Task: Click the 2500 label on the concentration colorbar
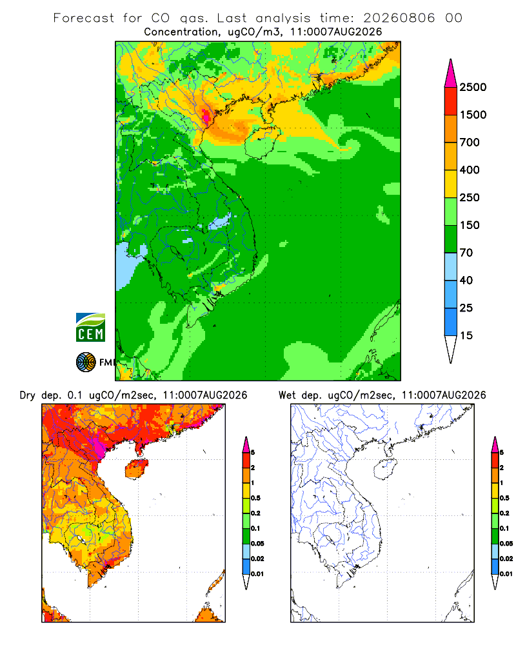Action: pos(473,87)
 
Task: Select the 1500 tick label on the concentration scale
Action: pos(473,115)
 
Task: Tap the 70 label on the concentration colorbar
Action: pos(466,253)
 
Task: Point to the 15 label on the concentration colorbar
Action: pos(466,335)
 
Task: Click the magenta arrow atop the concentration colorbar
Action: pos(451,74)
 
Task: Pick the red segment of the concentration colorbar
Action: pos(451,101)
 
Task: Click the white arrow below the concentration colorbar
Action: pos(451,349)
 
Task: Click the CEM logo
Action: pos(90,328)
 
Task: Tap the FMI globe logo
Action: pos(86,362)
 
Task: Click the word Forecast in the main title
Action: pos(84,18)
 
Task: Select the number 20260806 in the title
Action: pos(399,18)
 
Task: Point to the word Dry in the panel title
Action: pos(28,395)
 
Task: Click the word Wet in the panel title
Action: pos(287,395)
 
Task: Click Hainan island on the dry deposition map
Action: pos(136,469)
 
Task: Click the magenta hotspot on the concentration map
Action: pos(206,114)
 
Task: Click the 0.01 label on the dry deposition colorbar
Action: pos(257,574)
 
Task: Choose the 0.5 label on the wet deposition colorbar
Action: pos(504,498)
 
